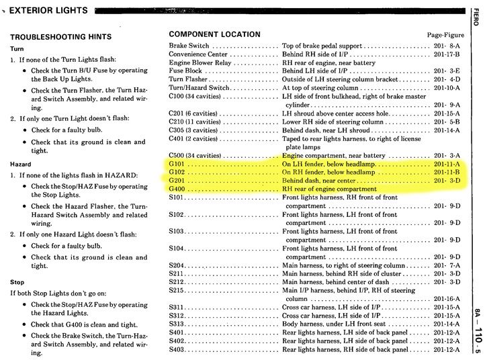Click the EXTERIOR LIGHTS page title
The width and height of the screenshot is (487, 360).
click(x=48, y=10)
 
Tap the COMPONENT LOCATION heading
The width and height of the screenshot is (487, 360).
click(x=214, y=34)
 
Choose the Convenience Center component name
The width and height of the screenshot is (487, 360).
click(x=198, y=54)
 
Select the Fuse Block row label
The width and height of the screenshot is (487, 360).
click(x=185, y=71)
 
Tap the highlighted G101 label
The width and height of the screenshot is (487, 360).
click(x=177, y=164)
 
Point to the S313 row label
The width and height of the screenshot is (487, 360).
click(x=177, y=324)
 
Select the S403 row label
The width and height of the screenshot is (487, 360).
click(x=177, y=349)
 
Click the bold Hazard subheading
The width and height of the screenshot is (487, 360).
click(x=21, y=163)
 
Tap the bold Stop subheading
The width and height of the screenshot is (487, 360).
click(x=17, y=283)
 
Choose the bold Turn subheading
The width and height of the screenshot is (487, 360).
click(x=17, y=48)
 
